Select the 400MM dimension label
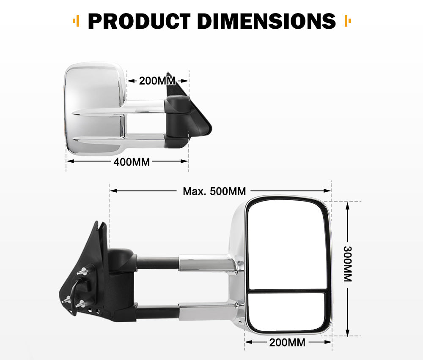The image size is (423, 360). pyautogui.click(x=132, y=161)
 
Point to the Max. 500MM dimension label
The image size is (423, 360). pyautogui.click(x=214, y=191)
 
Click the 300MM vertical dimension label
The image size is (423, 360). pyautogui.click(x=347, y=264)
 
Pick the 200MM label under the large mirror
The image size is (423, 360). pyautogui.click(x=287, y=342)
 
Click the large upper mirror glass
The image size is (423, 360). pyautogui.click(x=287, y=245)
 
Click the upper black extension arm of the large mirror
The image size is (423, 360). pyautogui.click(x=157, y=263)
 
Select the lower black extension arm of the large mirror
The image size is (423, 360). pyautogui.click(x=157, y=313)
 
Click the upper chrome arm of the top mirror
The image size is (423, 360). pyautogui.click(x=144, y=106)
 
